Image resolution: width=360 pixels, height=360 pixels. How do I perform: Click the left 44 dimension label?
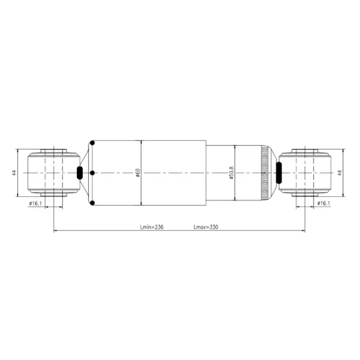[x=14, y=173]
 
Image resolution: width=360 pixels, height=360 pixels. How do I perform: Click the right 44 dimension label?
[x=339, y=173]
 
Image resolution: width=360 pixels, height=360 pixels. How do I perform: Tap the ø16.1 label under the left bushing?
[x=35, y=204]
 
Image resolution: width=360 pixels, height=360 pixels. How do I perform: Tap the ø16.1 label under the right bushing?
[x=323, y=204]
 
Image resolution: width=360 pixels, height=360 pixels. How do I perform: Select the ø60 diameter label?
[x=138, y=173]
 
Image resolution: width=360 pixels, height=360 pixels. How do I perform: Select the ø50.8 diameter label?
[x=231, y=173]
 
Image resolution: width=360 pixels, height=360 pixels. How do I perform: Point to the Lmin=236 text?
[x=152, y=227]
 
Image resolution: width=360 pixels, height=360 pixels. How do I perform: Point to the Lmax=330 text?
[x=206, y=227]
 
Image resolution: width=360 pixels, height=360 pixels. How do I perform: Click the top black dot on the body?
[x=92, y=143]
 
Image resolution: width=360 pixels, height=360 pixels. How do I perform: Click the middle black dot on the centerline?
[x=92, y=173]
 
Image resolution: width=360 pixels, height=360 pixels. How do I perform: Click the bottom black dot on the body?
[x=92, y=203]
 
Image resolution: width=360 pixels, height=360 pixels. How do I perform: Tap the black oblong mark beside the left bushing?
[x=80, y=173]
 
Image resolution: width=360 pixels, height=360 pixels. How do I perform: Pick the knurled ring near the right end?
[x=265, y=173]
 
